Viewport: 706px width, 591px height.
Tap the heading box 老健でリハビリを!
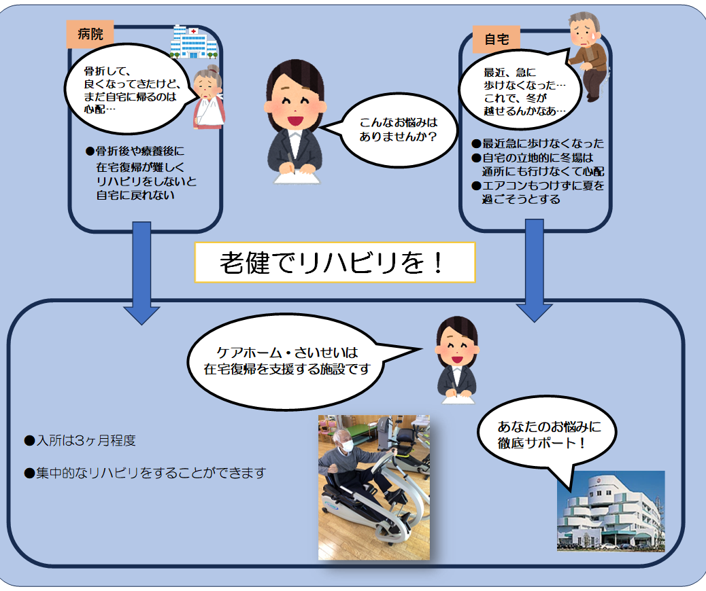coord(335,263)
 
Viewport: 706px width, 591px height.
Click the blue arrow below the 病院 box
coord(142,272)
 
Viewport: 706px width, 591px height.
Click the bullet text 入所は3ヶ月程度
coord(80,441)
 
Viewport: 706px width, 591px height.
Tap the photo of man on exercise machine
coord(374,486)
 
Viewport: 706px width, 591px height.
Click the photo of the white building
coord(610,511)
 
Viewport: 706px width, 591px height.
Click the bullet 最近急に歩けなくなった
coord(537,144)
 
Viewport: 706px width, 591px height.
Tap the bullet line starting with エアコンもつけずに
coord(537,185)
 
